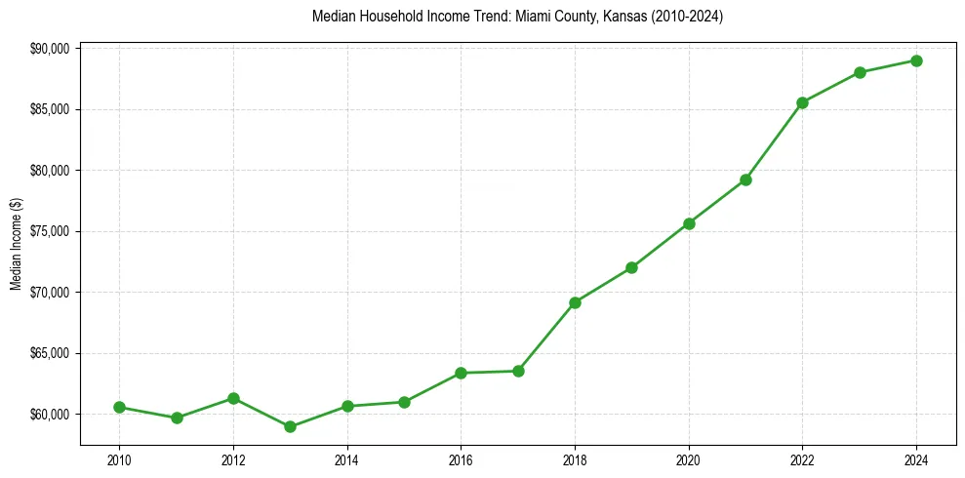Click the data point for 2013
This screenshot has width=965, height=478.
[290, 426]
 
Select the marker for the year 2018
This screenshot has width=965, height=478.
[575, 302]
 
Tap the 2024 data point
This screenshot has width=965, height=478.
[916, 60]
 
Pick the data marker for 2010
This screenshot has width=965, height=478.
[119, 407]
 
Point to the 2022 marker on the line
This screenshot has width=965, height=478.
[802, 102]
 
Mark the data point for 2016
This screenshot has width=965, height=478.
[461, 373]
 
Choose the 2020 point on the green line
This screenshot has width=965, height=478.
[689, 223]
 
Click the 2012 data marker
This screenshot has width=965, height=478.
[233, 398]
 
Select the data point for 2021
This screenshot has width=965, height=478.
[745, 179]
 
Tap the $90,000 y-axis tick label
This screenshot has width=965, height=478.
[51, 49]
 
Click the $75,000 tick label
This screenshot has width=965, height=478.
[51, 231]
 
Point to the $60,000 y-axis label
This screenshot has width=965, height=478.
[51, 414]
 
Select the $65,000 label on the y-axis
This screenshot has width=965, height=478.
[51, 353]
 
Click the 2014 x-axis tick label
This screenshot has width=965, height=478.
[347, 459]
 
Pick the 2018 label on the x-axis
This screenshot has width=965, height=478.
[575, 459]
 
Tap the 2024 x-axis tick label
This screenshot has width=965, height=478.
[916, 459]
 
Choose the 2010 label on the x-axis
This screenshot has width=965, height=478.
[119, 459]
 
